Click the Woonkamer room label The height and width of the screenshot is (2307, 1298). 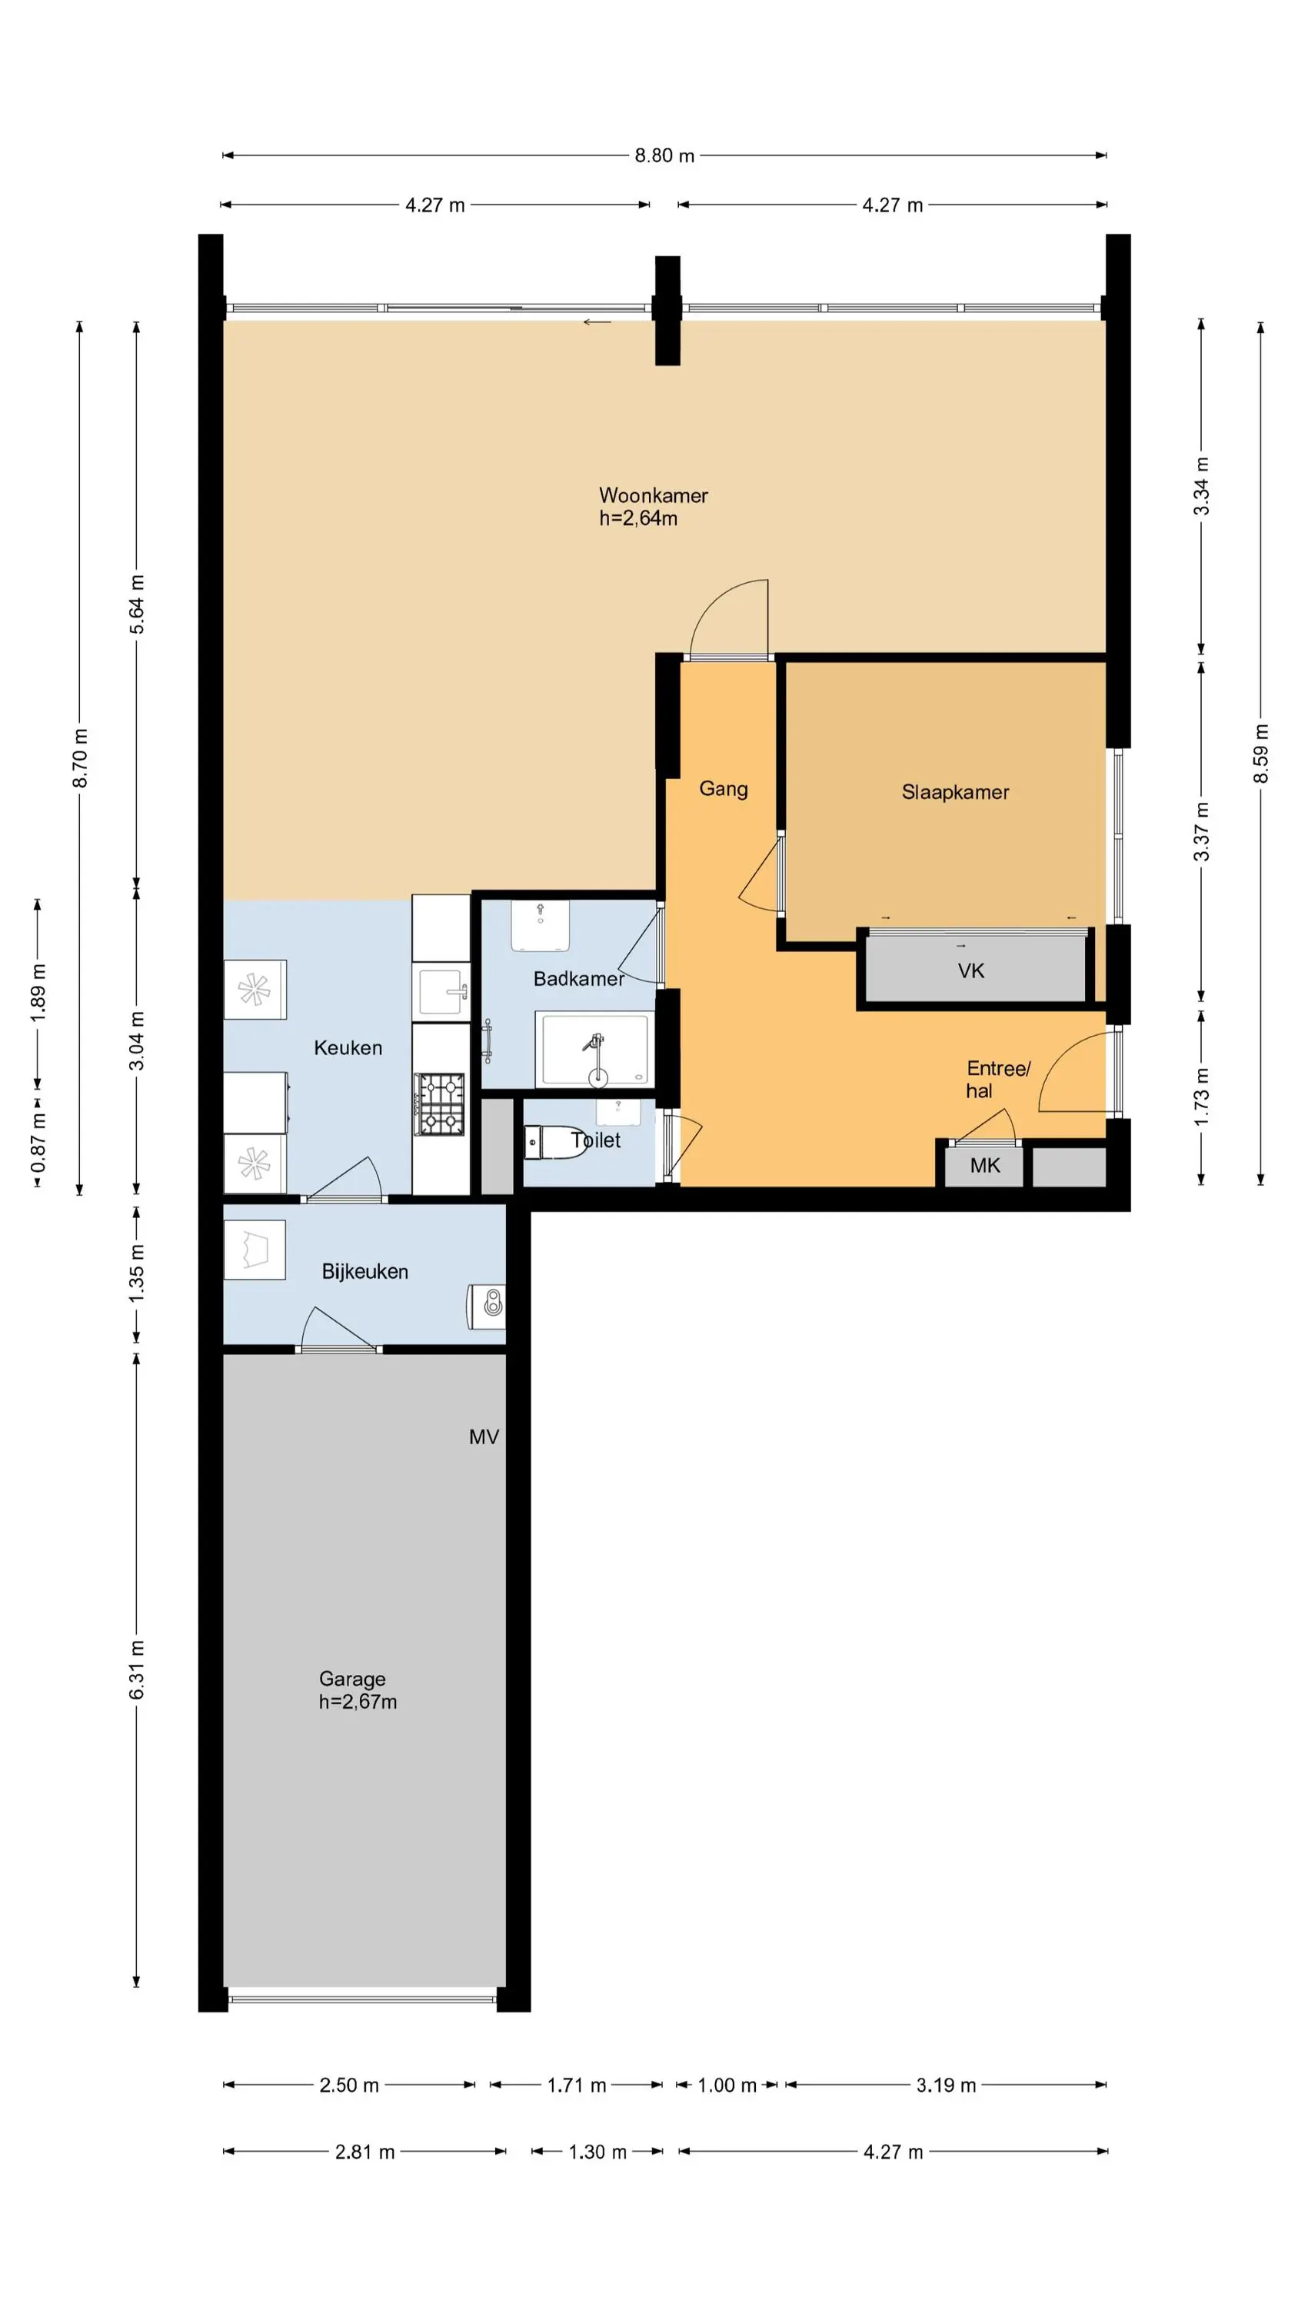[x=653, y=495]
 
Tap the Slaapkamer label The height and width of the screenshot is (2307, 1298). [x=955, y=792]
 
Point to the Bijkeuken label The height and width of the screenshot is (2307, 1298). [x=364, y=1272]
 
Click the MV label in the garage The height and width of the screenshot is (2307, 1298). [x=484, y=1436]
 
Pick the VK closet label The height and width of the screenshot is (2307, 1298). [x=971, y=970]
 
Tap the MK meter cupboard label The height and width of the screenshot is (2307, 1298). [x=984, y=1165]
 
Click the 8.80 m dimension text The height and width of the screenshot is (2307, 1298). [x=664, y=156]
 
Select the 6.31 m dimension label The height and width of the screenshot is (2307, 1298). [x=136, y=1669]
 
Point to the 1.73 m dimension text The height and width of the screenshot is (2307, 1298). [x=1201, y=1097]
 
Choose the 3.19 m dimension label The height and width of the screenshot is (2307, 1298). [x=946, y=2086]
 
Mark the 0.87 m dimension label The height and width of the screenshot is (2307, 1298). [x=38, y=1142]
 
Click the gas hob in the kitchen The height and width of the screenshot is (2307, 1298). [x=439, y=1104]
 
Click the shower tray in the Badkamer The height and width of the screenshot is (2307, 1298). [x=594, y=1050]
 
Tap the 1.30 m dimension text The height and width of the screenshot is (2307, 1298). [x=597, y=2152]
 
